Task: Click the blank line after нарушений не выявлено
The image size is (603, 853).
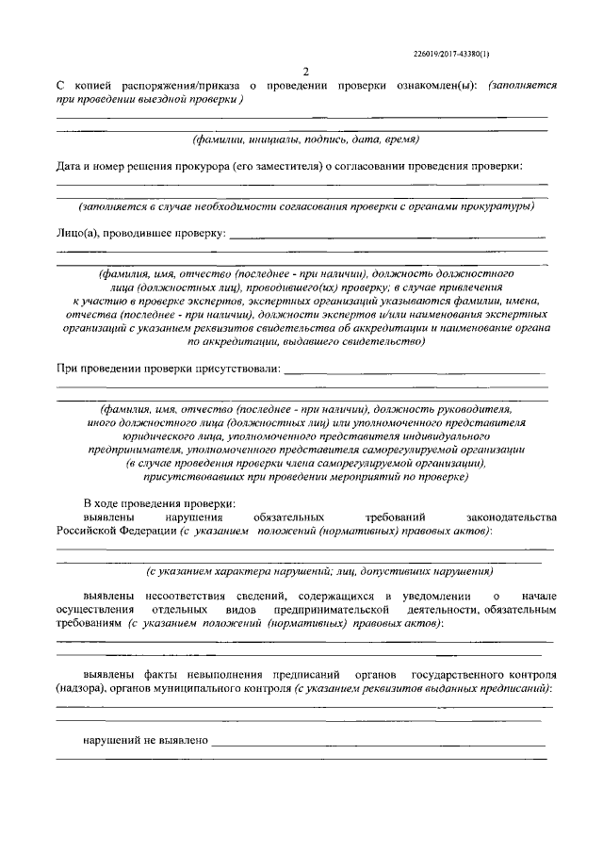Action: pyautogui.click(x=377, y=745)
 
